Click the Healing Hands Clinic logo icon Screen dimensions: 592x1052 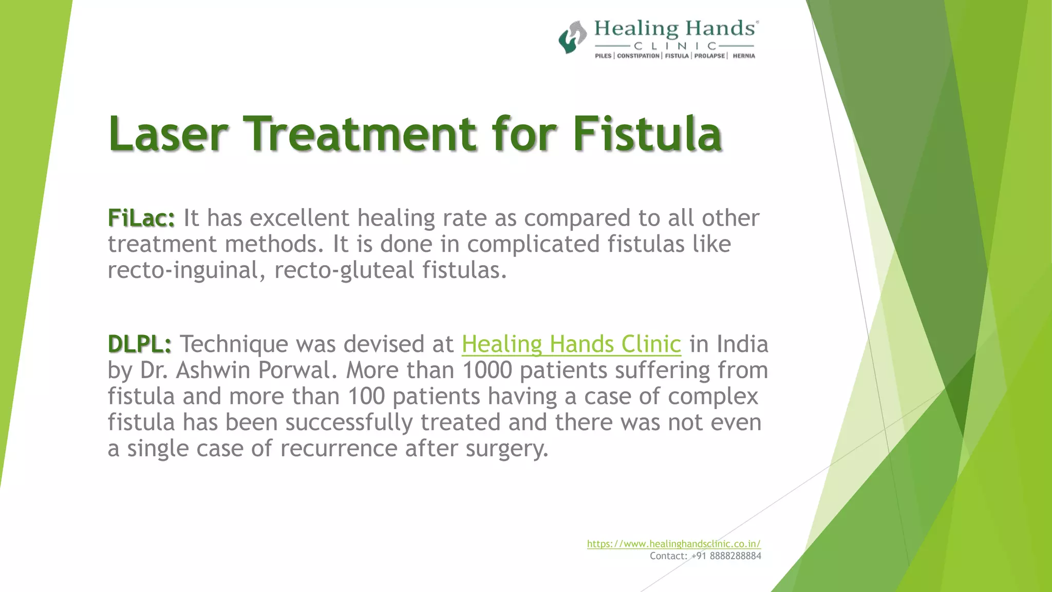(x=572, y=37)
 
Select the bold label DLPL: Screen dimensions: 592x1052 (x=140, y=344)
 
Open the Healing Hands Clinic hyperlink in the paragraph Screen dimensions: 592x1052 (x=571, y=344)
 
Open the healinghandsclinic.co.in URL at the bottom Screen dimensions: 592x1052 (x=673, y=544)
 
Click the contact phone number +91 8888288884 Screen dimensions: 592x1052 (x=726, y=556)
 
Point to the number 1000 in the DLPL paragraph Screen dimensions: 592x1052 (x=487, y=370)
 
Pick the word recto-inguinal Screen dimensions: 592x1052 (x=186, y=270)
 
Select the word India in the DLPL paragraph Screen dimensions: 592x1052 (x=742, y=344)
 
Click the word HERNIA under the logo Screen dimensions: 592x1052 (x=744, y=56)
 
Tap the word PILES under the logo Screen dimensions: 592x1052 (x=603, y=56)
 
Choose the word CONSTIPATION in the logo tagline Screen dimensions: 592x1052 (x=638, y=56)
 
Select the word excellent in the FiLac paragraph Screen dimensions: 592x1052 (x=300, y=218)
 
